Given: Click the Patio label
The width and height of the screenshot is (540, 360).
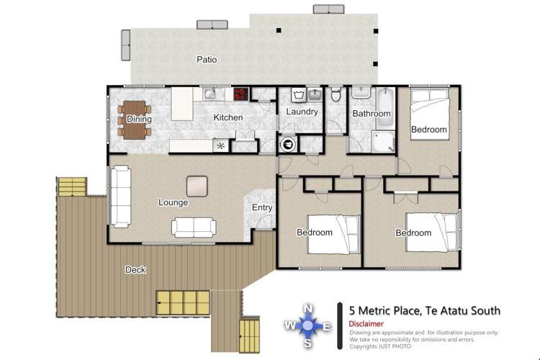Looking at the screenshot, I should [x=207, y=60].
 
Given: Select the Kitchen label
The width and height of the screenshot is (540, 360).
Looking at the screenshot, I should [x=228, y=117].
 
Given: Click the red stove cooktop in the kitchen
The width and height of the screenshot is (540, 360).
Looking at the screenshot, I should [x=240, y=94].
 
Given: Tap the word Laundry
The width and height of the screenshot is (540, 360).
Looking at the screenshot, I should [x=302, y=112].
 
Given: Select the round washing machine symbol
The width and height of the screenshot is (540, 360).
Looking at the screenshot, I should [x=288, y=144].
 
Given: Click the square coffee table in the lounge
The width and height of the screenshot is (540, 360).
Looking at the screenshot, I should [x=197, y=186].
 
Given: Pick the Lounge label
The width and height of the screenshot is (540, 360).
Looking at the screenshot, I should [x=173, y=202].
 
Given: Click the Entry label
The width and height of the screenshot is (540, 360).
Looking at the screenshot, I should [x=261, y=208].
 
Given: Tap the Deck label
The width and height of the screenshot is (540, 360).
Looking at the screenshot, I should [x=135, y=270].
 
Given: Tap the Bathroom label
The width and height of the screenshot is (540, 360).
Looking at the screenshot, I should [x=371, y=114].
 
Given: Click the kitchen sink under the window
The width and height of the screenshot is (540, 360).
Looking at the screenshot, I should [x=210, y=93].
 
